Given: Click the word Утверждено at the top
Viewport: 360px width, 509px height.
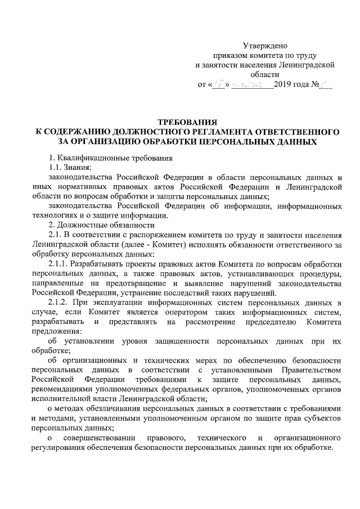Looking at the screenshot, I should pos(265,45).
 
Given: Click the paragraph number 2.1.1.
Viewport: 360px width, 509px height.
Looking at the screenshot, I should pos(59,267).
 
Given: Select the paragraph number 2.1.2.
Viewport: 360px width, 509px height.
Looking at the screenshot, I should pos(59,307).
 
